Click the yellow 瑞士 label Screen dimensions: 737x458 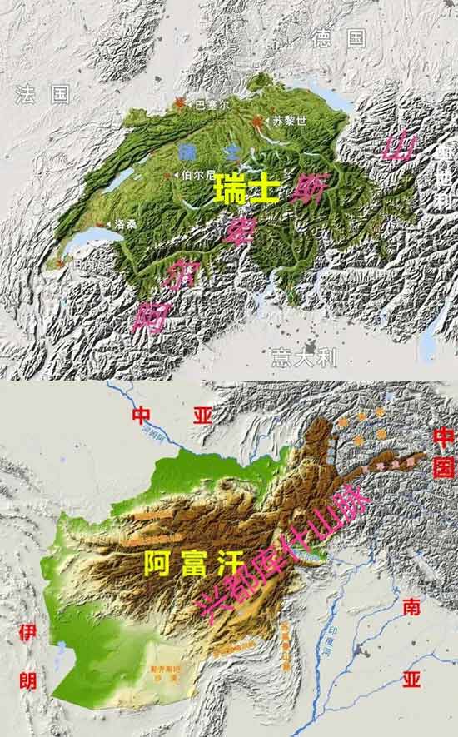(246, 192)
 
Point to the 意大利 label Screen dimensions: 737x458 (304, 358)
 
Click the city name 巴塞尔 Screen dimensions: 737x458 (210, 106)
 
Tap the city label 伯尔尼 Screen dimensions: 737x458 (199, 176)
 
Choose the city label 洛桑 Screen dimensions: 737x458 (124, 224)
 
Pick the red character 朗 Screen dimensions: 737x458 (27, 680)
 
